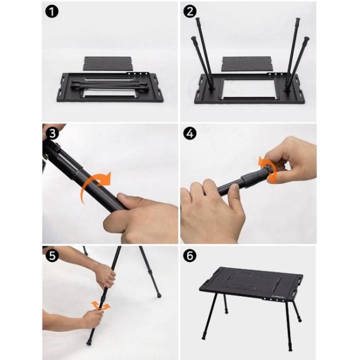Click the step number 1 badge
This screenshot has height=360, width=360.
52,11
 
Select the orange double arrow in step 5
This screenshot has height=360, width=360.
100,306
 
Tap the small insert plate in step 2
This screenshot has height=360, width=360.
247,64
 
